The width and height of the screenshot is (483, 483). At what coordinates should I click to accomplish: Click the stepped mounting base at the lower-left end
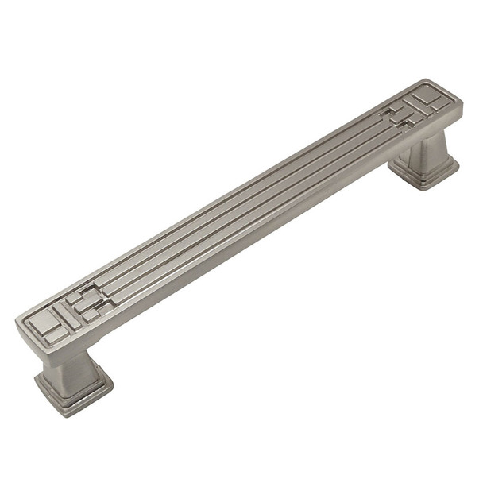click(x=73, y=390)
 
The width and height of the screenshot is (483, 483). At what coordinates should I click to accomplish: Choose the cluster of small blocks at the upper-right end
click(x=397, y=118)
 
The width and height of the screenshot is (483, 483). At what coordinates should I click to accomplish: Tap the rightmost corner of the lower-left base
click(x=112, y=386)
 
